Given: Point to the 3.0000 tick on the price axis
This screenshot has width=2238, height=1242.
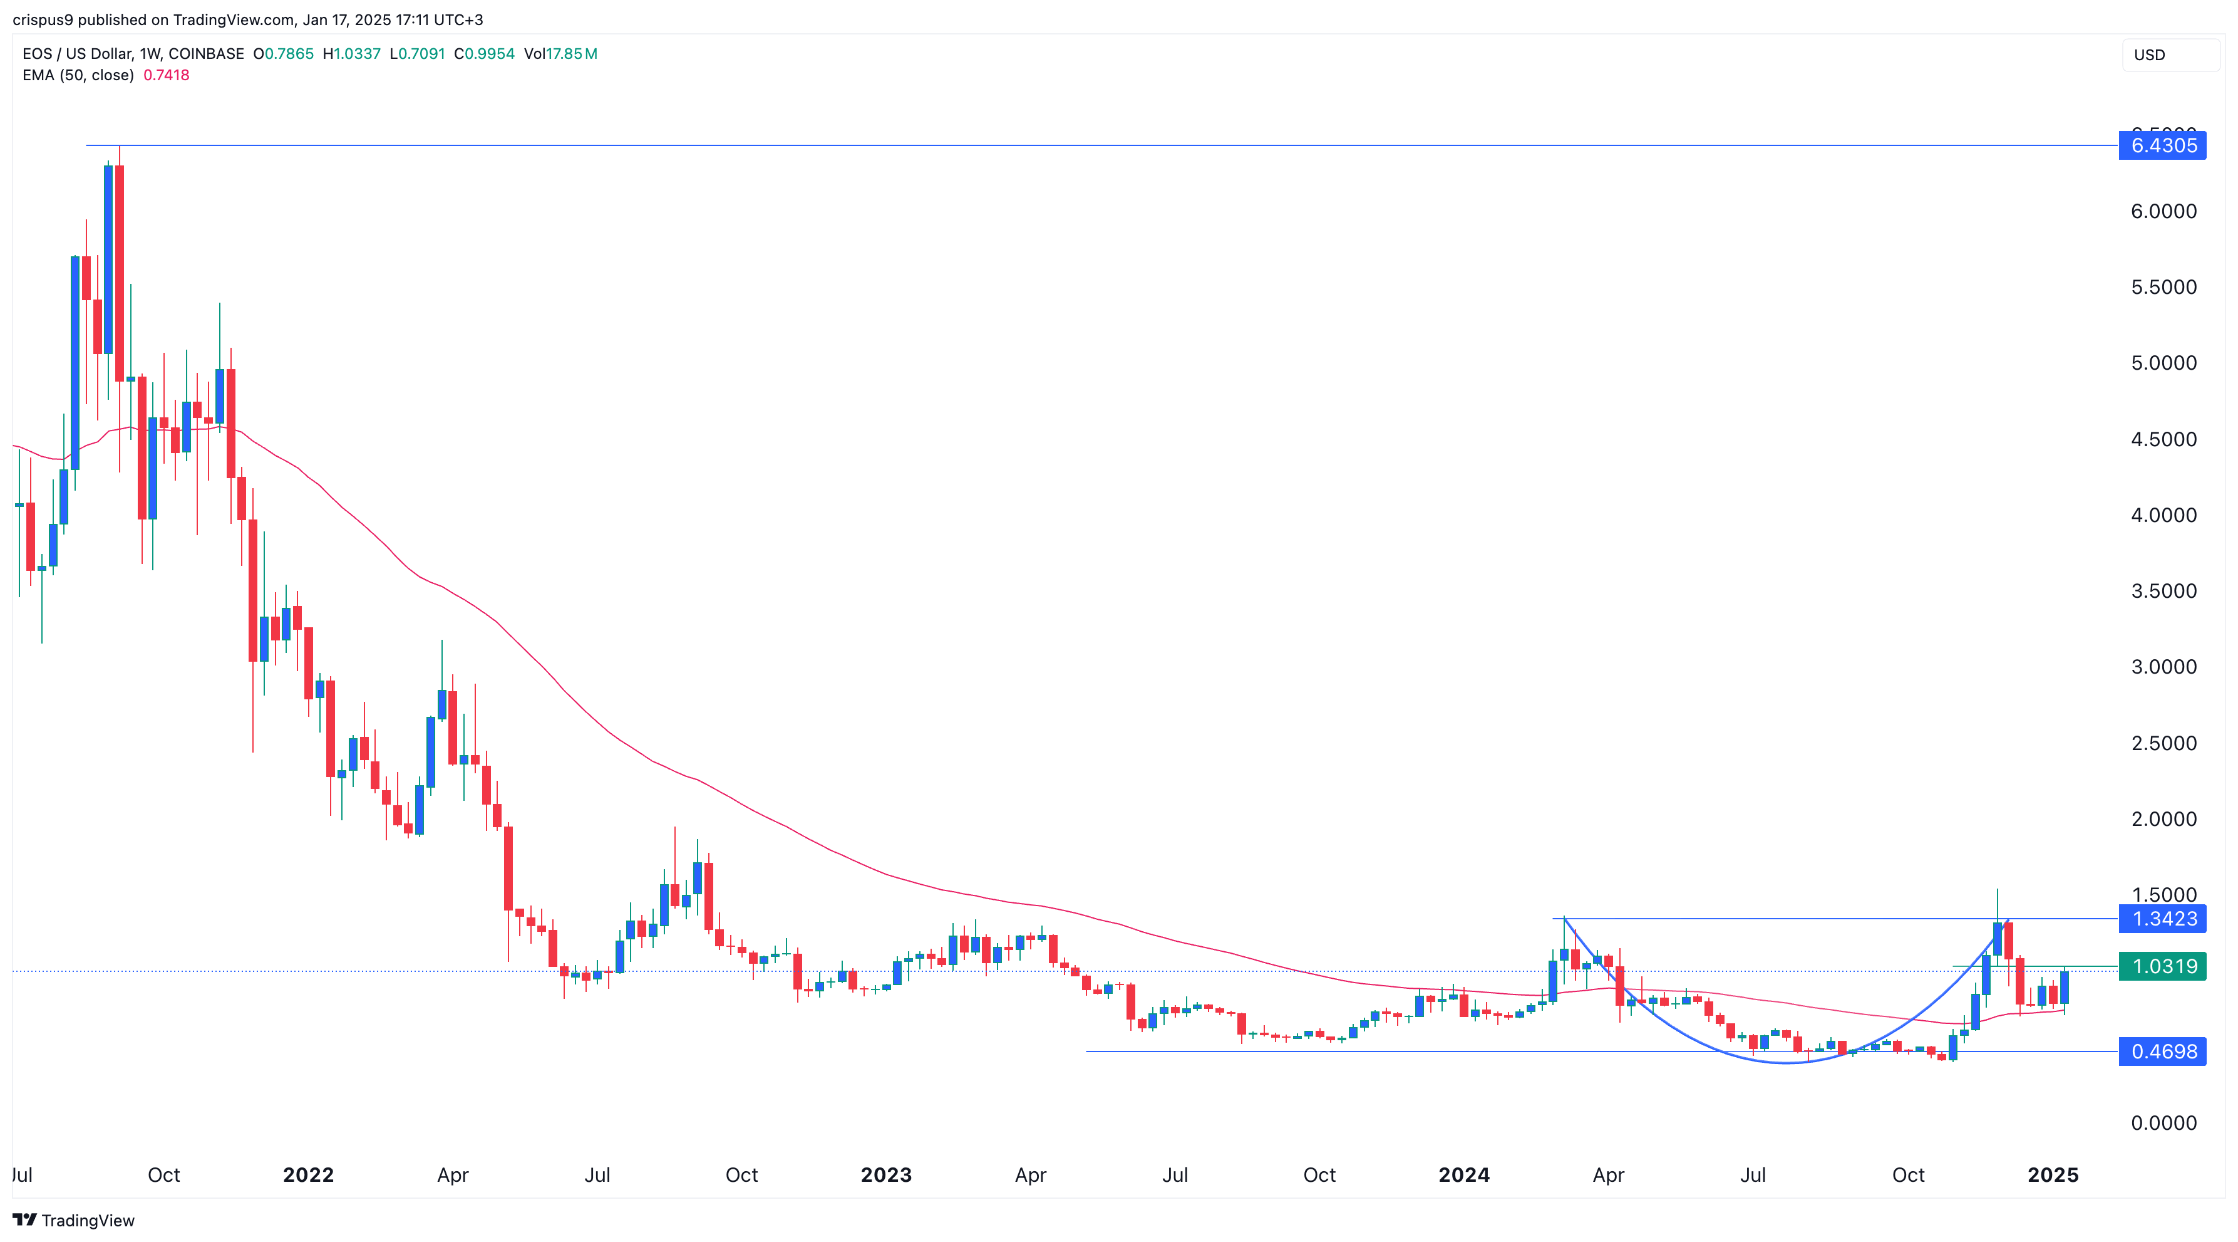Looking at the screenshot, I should point(2163,667).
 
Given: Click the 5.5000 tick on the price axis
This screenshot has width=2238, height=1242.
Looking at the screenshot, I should point(2163,287).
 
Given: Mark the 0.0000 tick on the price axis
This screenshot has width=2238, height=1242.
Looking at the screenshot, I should point(2163,1123).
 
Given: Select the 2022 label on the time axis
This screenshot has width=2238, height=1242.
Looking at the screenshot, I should point(309,1175).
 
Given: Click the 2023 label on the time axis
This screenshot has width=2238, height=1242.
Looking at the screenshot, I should point(886,1175).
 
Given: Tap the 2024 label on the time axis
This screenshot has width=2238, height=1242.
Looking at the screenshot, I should point(1464,1175).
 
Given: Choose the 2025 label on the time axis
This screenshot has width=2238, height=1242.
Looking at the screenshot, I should point(2053,1175).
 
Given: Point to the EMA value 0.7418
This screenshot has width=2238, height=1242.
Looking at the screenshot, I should point(166,75).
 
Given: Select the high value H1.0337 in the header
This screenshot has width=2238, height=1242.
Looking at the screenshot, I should point(352,54).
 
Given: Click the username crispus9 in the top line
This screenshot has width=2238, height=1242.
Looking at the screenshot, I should point(43,19).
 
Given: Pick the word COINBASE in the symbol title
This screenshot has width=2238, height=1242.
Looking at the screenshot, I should point(206,54).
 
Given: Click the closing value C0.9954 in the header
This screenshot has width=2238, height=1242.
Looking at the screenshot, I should point(484,54).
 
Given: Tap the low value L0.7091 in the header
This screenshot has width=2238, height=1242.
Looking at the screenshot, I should point(417,54).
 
